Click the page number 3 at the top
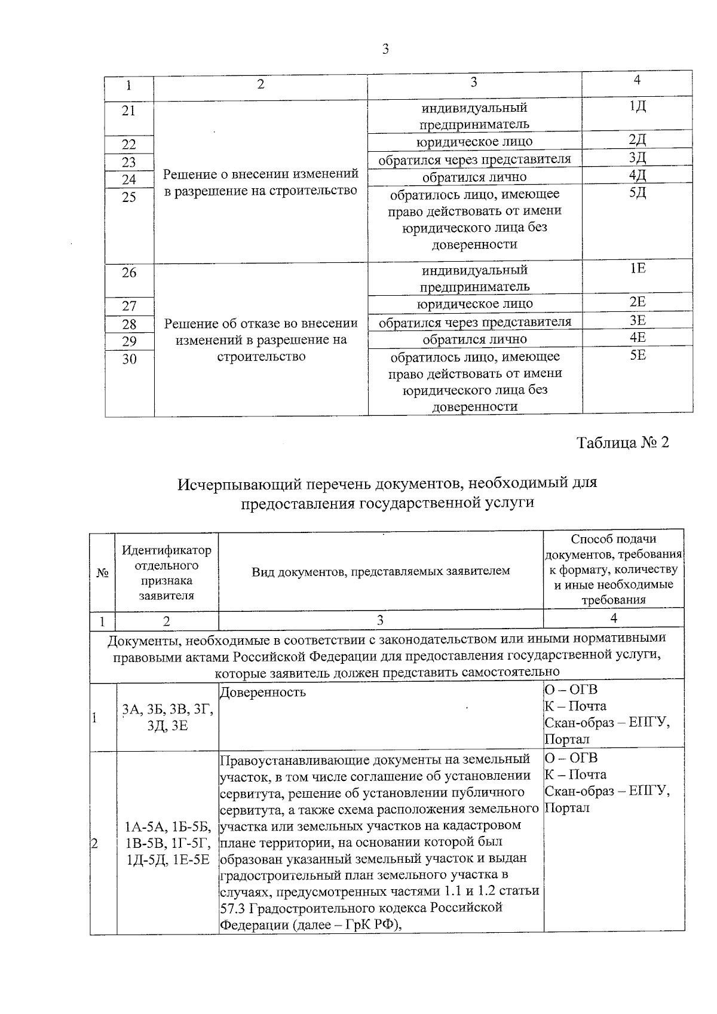coord(385,50)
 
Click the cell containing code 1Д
coord(638,108)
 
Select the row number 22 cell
coord(129,145)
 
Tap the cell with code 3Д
coord(638,158)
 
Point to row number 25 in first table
coord(129,197)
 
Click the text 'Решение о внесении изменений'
coord(261,174)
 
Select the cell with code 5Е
coord(638,356)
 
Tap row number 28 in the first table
coord(129,324)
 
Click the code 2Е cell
coord(638,303)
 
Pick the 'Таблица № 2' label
coord(623,443)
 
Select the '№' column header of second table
coord(102,572)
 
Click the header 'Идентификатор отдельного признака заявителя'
coord(167,572)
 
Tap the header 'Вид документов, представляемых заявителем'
coord(381,571)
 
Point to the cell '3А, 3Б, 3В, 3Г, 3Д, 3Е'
coord(167,718)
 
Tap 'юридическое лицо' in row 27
coord(474,304)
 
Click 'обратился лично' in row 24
coord(474,177)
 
